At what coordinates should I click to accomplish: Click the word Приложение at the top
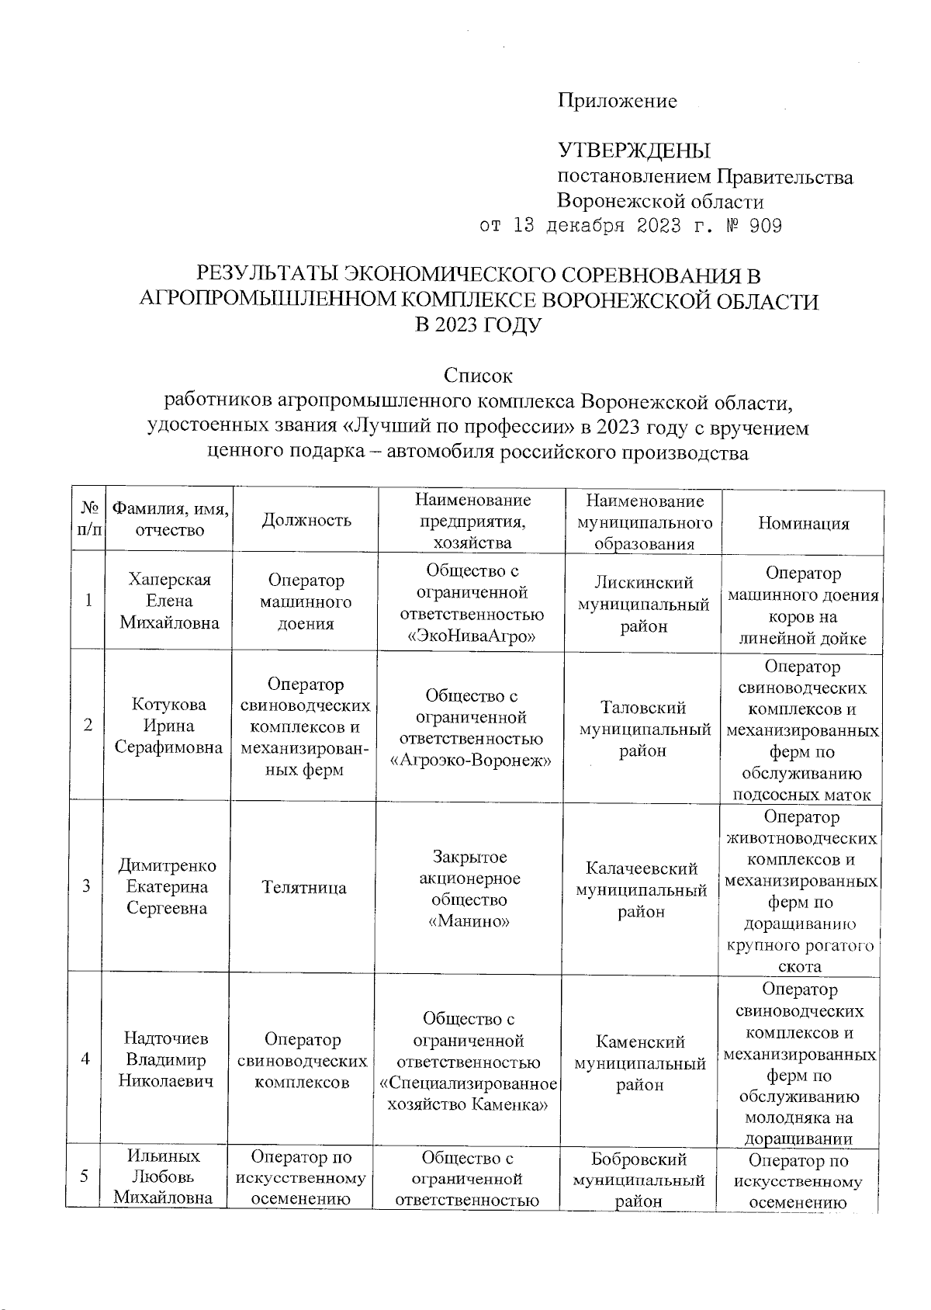click(x=617, y=101)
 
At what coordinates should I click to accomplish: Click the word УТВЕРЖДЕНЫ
click(x=634, y=150)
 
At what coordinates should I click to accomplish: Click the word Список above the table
click(x=477, y=376)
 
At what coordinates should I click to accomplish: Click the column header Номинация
click(x=803, y=523)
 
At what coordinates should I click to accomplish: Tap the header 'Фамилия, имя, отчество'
click(x=169, y=519)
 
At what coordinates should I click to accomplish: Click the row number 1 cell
click(x=88, y=600)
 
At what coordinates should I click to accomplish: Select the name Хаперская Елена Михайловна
click(x=169, y=601)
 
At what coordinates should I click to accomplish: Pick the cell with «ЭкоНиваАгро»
click(x=472, y=636)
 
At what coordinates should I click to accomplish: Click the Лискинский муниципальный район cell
click(x=643, y=605)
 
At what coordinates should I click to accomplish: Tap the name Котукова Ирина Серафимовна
click(x=168, y=726)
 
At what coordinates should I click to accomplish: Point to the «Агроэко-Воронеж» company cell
click(x=472, y=760)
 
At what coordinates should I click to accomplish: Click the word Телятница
click(x=304, y=887)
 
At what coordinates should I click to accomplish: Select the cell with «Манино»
click(x=469, y=921)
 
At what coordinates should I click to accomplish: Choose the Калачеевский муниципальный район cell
click(x=641, y=889)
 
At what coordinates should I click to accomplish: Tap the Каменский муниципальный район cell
click(x=640, y=1063)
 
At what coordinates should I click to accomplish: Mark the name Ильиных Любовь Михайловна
click(x=163, y=1177)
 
